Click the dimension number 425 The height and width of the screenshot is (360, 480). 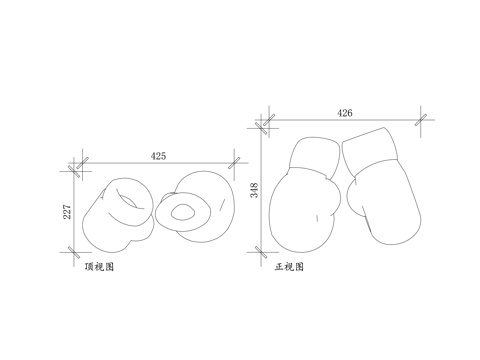158,155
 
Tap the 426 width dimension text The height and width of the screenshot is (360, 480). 345,113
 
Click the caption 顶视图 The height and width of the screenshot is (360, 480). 98,267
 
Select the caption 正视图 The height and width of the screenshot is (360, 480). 289,267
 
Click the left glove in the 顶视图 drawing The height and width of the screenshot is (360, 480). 117,215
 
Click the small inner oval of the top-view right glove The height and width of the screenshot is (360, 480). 184,211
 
